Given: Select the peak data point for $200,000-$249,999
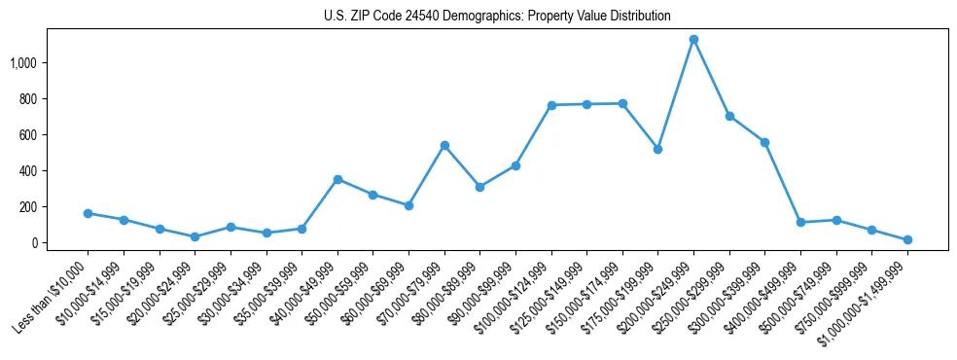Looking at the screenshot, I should [x=693, y=40].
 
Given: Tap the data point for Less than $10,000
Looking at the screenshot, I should [x=88, y=213].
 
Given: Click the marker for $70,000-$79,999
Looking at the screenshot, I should [x=444, y=146].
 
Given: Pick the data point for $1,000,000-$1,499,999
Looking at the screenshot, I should [x=907, y=239].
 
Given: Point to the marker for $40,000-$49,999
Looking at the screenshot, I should [x=337, y=179].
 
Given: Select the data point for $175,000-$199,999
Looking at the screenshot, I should [x=658, y=149].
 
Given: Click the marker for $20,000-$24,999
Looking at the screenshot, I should [x=195, y=236].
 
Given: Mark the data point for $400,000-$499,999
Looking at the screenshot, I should [x=800, y=223].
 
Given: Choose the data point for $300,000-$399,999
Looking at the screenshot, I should [x=765, y=142].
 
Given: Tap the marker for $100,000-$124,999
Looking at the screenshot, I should [x=551, y=105].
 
